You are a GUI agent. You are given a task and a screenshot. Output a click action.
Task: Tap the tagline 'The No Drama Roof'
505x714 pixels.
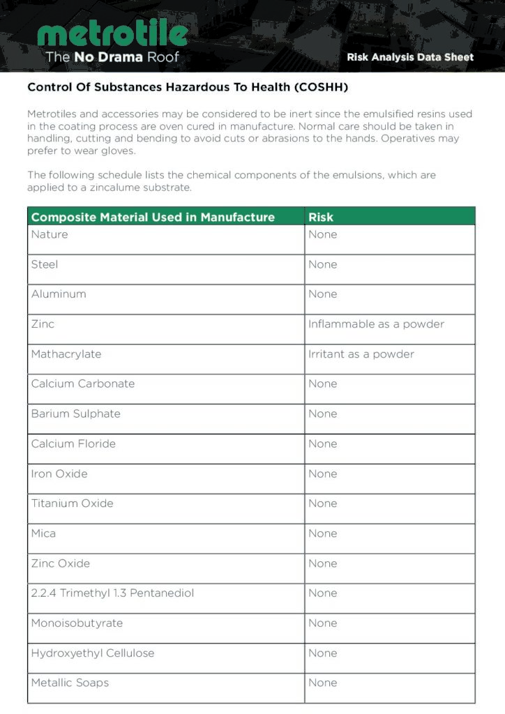pyautogui.click(x=112, y=56)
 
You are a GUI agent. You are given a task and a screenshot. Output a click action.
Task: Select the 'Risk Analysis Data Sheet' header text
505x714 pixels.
pyautogui.click(x=410, y=57)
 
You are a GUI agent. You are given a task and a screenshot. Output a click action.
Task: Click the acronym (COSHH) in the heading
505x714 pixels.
pyautogui.click(x=321, y=88)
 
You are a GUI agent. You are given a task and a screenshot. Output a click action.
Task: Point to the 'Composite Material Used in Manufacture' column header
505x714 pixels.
pyautogui.click(x=153, y=217)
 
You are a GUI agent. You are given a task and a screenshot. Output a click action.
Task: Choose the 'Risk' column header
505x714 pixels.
pyautogui.click(x=321, y=217)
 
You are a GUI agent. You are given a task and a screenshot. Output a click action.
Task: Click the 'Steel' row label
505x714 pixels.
pyautogui.click(x=45, y=264)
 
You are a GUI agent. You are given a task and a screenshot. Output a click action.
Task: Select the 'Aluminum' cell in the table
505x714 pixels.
pyautogui.click(x=59, y=294)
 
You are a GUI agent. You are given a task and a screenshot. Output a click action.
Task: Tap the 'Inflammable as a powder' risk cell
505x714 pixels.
pyautogui.click(x=376, y=324)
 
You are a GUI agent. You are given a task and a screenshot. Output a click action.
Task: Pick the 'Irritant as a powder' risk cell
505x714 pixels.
pyautogui.click(x=361, y=354)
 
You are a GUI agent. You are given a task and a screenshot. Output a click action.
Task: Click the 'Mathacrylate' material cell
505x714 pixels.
pyautogui.click(x=66, y=354)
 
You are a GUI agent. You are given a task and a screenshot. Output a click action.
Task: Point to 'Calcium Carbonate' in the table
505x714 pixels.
pyautogui.click(x=83, y=384)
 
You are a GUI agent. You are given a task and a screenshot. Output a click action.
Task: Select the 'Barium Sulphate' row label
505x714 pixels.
pyautogui.click(x=76, y=414)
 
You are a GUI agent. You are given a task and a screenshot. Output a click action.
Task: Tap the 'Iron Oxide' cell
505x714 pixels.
pyautogui.click(x=59, y=474)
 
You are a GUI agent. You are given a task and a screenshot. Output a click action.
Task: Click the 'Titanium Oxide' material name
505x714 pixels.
pyautogui.click(x=72, y=503)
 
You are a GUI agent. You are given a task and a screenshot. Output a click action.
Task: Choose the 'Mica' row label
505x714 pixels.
pyautogui.click(x=43, y=533)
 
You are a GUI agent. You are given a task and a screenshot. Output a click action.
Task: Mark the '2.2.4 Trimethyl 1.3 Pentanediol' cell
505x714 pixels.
pyautogui.click(x=112, y=593)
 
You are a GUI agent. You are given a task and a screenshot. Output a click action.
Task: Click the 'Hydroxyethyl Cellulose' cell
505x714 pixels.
pyautogui.click(x=93, y=653)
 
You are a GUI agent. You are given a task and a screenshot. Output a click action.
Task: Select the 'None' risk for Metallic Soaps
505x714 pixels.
pyautogui.click(x=323, y=683)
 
